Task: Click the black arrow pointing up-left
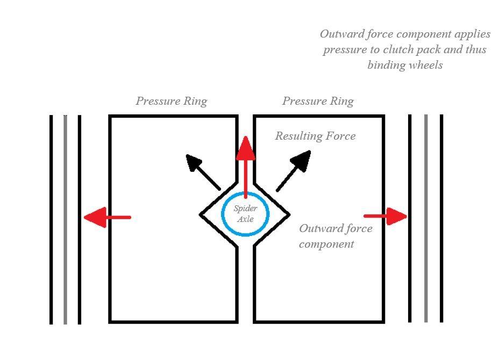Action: click(x=202, y=171)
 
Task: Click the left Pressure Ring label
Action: click(x=171, y=101)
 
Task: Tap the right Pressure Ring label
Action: click(x=318, y=101)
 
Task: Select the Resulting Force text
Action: click(x=315, y=136)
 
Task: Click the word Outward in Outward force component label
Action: click(x=320, y=229)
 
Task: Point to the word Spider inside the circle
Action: click(x=245, y=208)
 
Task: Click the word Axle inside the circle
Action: click(x=245, y=219)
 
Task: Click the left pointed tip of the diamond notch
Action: click(x=201, y=215)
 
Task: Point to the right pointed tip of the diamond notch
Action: click(x=289, y=215)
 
